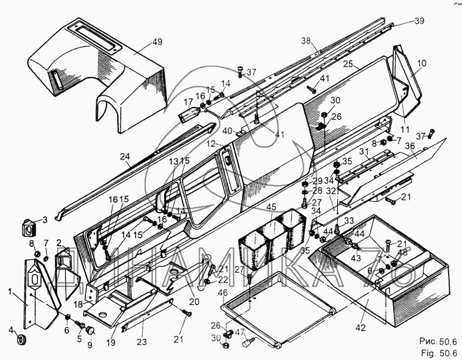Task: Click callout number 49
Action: click(x=141, y=42)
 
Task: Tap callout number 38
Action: click(x=305, y=40)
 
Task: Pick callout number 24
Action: click(x=125, y=155)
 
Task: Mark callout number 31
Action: click(x=364, y=151)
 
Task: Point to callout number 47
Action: click(x=240, y=331)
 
